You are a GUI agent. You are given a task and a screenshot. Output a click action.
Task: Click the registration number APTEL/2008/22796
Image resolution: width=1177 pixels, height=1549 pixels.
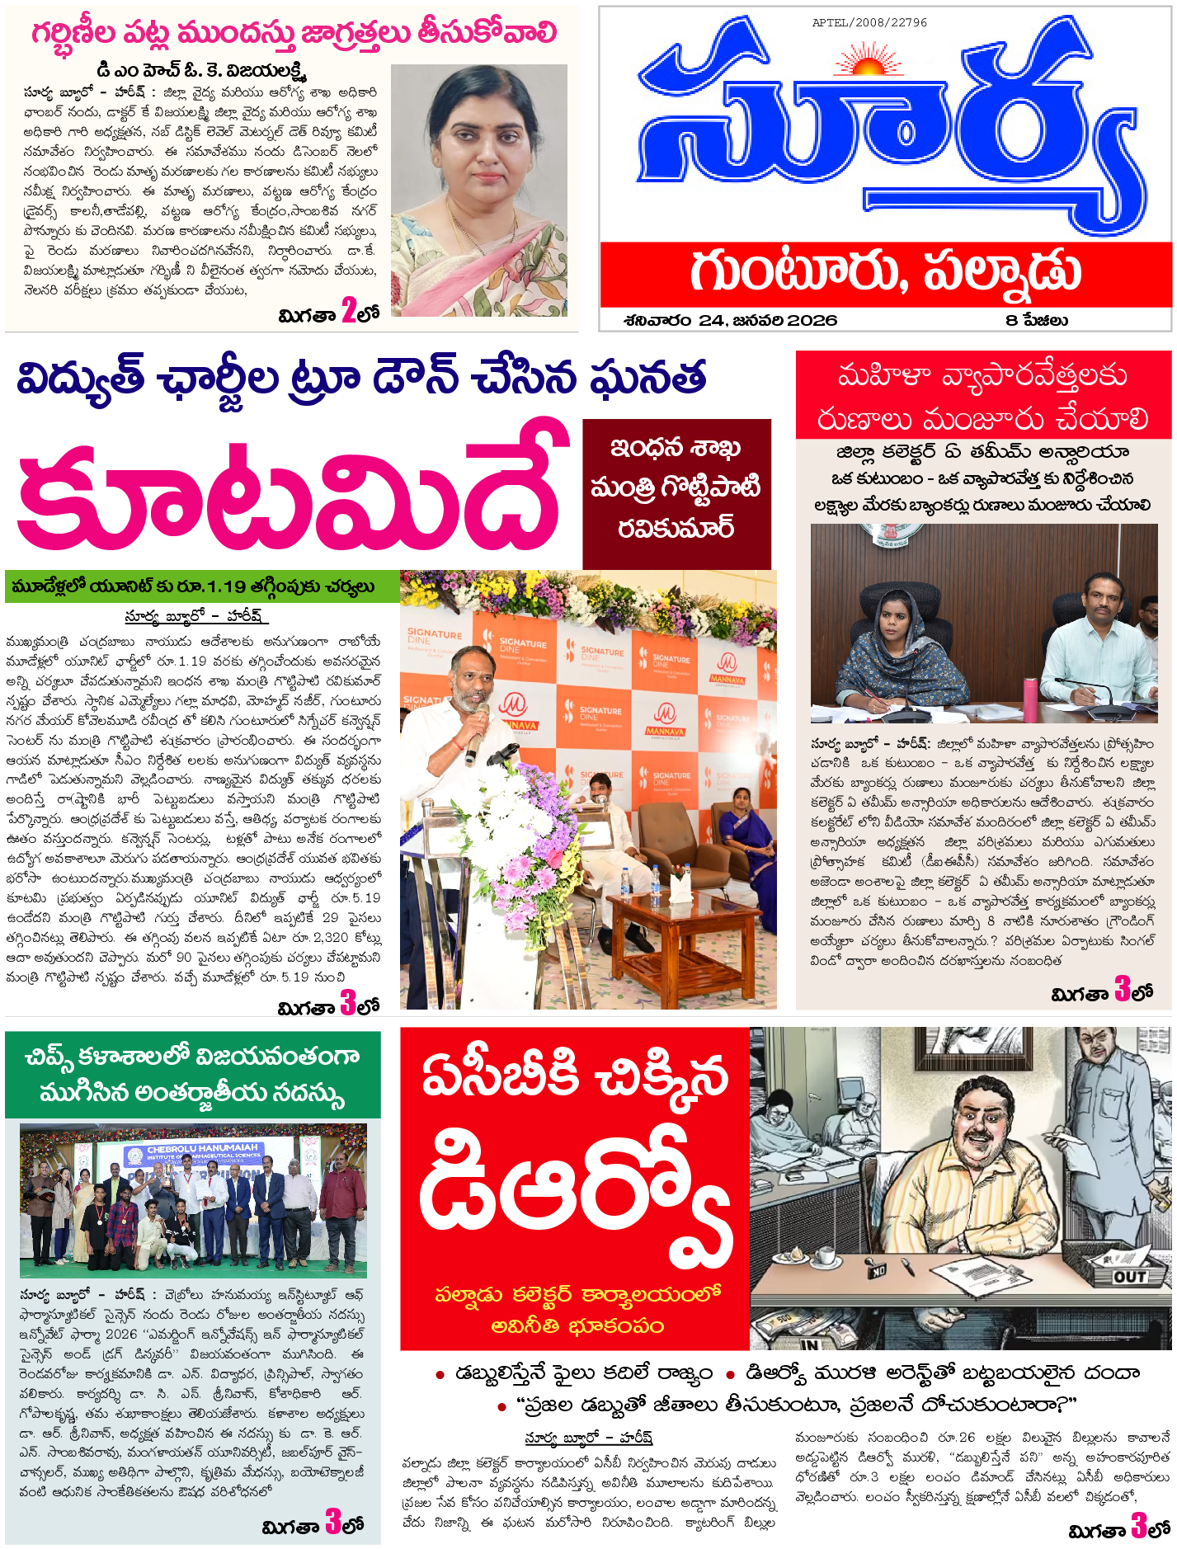[x=869, y=23]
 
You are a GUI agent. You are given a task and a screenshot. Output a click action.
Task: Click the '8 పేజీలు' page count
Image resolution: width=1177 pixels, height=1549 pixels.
[x=1037, y=321]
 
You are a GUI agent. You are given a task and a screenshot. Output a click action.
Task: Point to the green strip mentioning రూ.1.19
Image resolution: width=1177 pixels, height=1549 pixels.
[x=202, y=586]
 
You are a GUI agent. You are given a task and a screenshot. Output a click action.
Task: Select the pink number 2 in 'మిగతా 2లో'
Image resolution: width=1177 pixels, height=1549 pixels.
[x=349, y=312]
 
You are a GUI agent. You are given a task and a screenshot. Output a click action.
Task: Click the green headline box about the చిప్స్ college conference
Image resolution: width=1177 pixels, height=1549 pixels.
[x=193, y=1074]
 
